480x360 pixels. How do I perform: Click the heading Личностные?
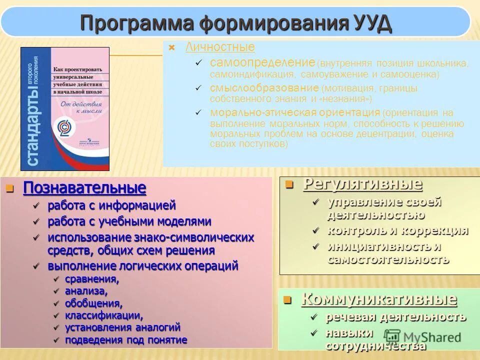click(x=220, y=47)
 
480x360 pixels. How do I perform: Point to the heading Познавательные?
click(x=85, y=188)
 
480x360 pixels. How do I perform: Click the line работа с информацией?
click(x=111, y=205)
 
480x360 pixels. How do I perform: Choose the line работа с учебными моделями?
click(x=129, y=221)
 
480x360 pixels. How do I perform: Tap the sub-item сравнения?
click(x=92, y=279)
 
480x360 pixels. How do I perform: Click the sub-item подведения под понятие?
click(x=126, y=340)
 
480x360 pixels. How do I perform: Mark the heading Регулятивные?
click(x=362, y=184)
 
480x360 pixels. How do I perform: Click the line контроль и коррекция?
click(x=397, y=230)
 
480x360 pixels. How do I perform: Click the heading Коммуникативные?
click(x=378, y=299)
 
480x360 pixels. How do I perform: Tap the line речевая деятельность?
click(x=396, y=317)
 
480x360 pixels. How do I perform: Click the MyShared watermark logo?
click(x=422, y=336)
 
